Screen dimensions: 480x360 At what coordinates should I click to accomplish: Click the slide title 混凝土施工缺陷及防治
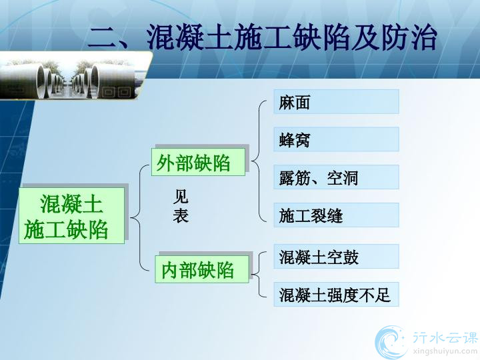click(292, 37)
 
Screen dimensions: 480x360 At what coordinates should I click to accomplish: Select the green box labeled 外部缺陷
click(199, 162)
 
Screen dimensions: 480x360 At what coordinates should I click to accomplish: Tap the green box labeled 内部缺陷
click(202, 269)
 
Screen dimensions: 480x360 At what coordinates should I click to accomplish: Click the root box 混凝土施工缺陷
click(71, 216)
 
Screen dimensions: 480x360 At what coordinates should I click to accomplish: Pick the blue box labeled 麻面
click(336, 101)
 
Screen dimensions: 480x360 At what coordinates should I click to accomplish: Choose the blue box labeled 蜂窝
click(336, 139)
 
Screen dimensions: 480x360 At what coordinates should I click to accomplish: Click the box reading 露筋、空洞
click(336, 177)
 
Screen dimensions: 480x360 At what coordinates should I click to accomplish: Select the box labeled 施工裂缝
click(336, 215)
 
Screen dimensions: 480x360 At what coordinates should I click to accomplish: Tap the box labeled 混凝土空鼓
click(336, 257)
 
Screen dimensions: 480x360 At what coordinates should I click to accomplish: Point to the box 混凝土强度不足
click(336, 295)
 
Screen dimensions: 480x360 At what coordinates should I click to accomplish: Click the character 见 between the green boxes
click(181, 197)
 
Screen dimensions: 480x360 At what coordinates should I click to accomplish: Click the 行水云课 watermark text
click(445, 337)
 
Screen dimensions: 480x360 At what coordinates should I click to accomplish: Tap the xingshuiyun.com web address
click(445, 351)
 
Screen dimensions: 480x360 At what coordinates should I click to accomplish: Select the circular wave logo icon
click(391, 342)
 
